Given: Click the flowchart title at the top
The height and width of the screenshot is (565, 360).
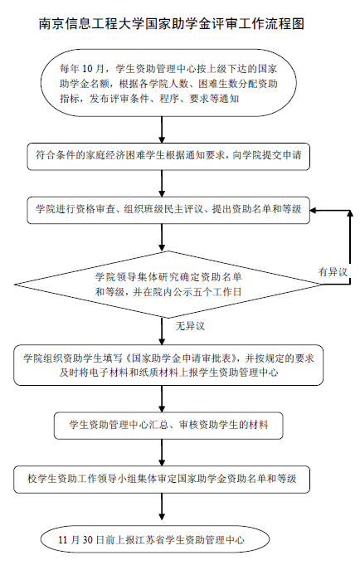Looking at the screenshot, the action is tap(172, 24).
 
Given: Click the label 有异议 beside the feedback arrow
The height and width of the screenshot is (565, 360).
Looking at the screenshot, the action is tap(333, 271).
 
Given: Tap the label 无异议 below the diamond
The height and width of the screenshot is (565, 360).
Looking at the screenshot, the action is tap(190, 326).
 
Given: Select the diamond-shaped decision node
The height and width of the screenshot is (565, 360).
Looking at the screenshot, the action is tap(168, 285).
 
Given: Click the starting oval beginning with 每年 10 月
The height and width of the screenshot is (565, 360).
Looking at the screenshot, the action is tap(168, 83).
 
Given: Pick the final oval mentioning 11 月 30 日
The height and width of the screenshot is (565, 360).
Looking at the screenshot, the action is tap(155, 539).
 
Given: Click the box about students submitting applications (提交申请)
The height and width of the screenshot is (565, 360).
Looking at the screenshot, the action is tap(168, 157).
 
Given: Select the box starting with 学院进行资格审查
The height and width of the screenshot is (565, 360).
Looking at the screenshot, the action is tap(168, 210).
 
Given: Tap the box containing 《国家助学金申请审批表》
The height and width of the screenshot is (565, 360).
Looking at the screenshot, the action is tap(168, 365).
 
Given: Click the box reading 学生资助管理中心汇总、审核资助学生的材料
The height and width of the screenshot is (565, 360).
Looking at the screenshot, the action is tap(168, 426).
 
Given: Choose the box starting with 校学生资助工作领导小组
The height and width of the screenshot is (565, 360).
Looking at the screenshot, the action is tap(162, 480).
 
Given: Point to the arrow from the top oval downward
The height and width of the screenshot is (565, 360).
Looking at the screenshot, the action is tap(162, 129).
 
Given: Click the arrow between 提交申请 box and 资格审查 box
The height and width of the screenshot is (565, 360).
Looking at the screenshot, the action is tap(162, 183).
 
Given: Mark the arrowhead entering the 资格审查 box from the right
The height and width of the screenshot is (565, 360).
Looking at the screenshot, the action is tap(314, 211).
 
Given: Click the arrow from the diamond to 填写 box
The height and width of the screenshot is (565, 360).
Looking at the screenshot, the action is tap(162, 332).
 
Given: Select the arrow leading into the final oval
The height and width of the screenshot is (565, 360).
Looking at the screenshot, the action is tap(162, 506).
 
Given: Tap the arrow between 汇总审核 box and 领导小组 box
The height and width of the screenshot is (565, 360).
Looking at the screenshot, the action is tap(162, 452).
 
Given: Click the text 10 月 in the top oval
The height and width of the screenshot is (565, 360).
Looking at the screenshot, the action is tap(94, 69).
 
